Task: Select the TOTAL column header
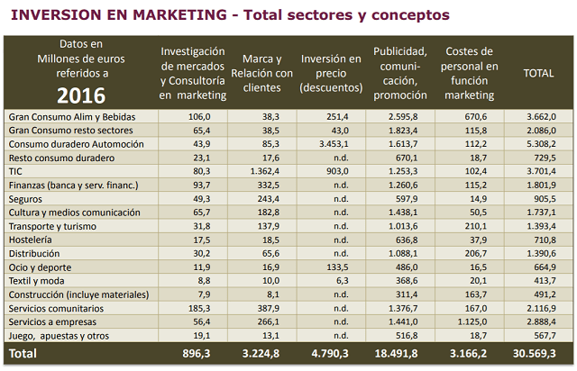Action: pos(538,74)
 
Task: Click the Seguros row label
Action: pos(26,198)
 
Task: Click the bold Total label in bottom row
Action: pos(23,354)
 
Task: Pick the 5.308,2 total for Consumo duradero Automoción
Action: pos(537,143)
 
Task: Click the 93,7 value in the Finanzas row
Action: pos(197,185)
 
